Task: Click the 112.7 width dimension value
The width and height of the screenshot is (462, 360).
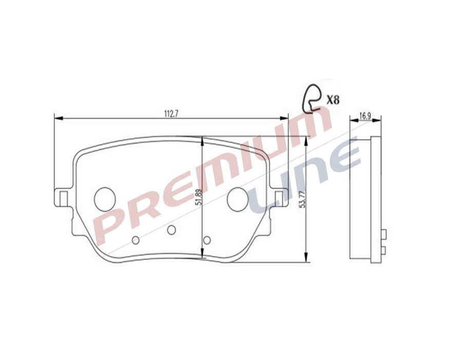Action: tap(171, 114)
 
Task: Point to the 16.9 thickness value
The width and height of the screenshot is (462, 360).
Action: tap(365, 116)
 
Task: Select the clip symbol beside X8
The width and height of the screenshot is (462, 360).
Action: tap(312, 97)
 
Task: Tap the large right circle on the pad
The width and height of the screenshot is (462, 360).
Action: tap(238, 198)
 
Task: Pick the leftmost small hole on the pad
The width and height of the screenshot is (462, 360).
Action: tap(136, 240)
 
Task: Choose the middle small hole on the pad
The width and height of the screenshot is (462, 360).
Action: tap(171, 229)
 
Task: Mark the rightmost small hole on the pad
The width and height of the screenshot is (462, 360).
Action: tap(207, 240)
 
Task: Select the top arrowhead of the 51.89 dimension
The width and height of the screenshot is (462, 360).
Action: tap(202, 140)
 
